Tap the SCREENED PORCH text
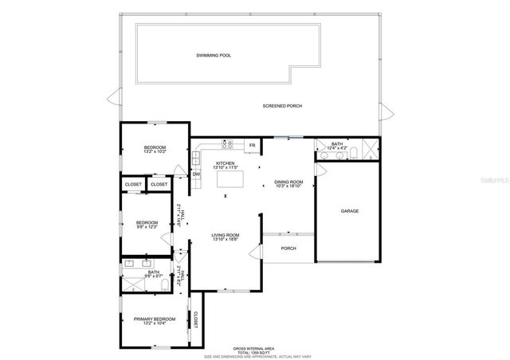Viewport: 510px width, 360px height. coord(282,106)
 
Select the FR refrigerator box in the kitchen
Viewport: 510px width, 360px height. coord(252,145)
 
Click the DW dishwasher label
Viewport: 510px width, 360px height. coord(195,174)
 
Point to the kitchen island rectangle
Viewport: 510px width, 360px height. coord(229,179)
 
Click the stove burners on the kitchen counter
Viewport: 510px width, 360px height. coord(226,145)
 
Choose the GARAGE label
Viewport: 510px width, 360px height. coord(350,211)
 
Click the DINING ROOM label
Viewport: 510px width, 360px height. coord(288,182)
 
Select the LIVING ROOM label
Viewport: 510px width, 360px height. coord(226,235)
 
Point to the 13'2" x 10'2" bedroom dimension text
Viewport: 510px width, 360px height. coord(155,151)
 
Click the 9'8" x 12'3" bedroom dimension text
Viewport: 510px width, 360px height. coord(147,227)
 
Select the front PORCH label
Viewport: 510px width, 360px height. coord(288,248)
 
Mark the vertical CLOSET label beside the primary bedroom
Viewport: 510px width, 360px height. coord(195,319)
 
